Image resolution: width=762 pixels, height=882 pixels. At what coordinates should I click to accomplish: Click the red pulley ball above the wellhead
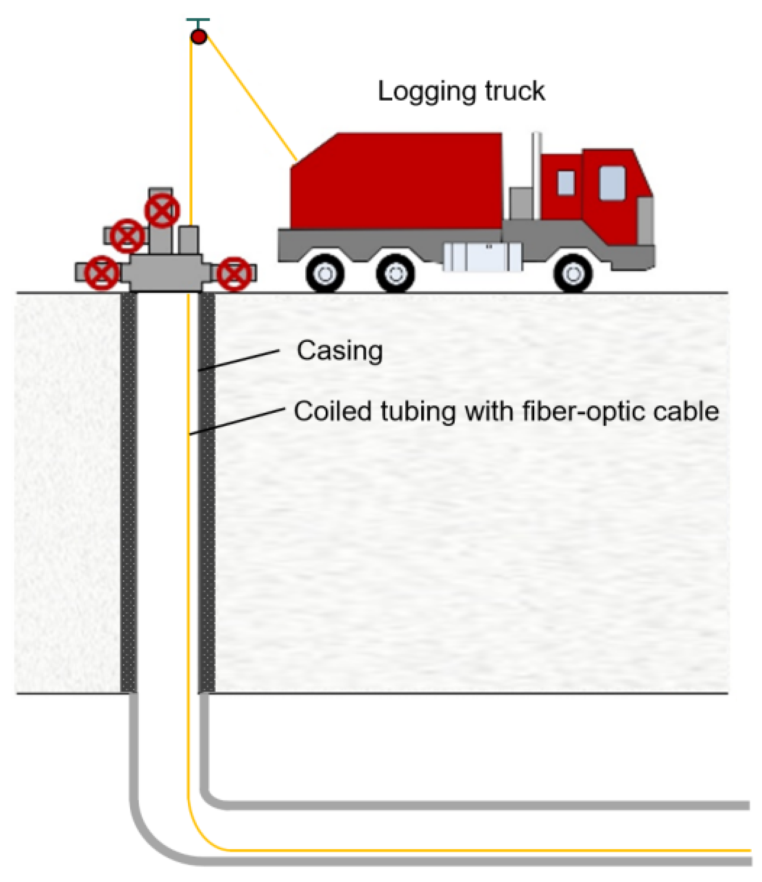tap(199, 37)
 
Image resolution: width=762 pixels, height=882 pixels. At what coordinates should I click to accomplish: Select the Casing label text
tap(339, 351)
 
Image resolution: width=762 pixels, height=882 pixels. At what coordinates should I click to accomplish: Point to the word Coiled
tap(333, 412)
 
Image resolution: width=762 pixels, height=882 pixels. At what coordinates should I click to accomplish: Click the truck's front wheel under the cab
tap(573, 274)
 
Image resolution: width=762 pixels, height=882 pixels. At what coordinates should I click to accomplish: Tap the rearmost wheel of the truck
tap(325, 274)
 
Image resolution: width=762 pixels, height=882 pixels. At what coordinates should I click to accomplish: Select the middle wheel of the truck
tap(395, 274)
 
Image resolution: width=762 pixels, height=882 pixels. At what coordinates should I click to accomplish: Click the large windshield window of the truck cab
tap(612, 183)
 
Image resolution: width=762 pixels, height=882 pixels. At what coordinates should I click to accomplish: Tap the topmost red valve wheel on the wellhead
tap(162, 210)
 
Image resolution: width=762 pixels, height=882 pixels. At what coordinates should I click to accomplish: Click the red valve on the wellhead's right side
tap(234, 274)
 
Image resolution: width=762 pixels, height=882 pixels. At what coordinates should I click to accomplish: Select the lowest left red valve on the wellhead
tap(102, 273)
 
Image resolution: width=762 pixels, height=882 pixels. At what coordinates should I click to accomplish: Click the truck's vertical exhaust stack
tap(536, 174)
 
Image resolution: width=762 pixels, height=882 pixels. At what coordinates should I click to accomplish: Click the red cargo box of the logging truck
tap(396, 183)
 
